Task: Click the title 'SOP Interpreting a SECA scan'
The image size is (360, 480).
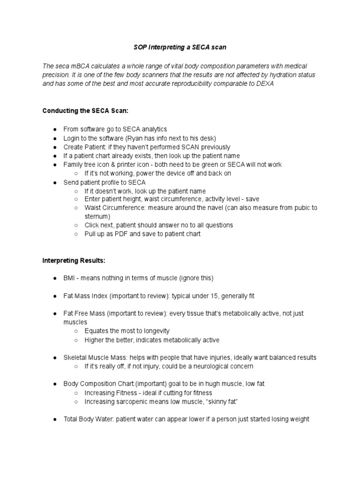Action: pyautogui.click(x=180, y=47)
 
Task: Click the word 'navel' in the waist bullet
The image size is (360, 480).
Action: pyautogui.click(x=213, y=208)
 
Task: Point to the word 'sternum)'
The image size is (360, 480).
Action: pyautogui.click(x=97, y=216)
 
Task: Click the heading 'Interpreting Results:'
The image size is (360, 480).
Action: pyautogui.click(x=74, y=260)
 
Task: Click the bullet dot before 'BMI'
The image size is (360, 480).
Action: pyautogui.click(x=55, y=278)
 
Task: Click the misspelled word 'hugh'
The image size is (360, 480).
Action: pyautogui.click(x=204, y=384)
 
